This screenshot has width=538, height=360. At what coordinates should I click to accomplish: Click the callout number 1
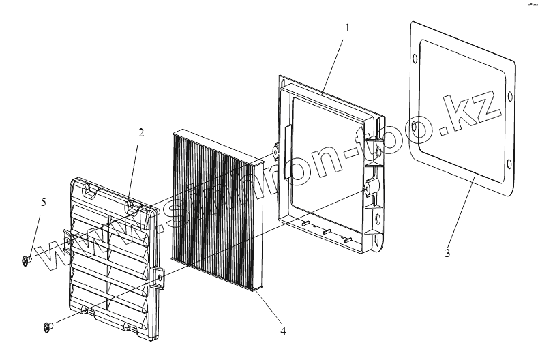point(347,29)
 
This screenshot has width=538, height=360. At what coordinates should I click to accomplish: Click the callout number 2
point(141,133)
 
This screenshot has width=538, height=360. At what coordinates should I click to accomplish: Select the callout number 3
point(447,254)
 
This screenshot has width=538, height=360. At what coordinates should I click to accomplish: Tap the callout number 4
point(282,332)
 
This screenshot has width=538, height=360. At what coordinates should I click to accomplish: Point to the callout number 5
point(44,202)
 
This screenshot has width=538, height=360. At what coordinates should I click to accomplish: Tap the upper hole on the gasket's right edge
point(509,94)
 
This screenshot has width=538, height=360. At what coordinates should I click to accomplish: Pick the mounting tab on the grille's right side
point(159,277)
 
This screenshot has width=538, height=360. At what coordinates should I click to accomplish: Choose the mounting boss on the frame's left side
point(275,151)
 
